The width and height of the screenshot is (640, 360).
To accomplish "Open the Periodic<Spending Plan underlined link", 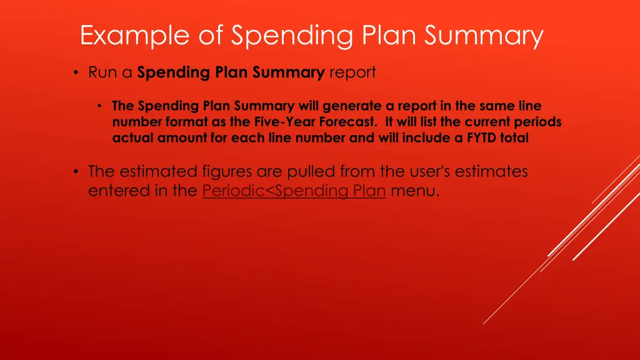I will (294, 191).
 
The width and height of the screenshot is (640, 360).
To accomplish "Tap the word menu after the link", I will (414, 191).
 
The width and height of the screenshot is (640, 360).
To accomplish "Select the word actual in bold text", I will (132, 138).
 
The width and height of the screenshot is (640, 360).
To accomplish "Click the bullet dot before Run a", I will (76, 73).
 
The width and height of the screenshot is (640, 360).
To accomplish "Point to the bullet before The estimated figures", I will (76, 172).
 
